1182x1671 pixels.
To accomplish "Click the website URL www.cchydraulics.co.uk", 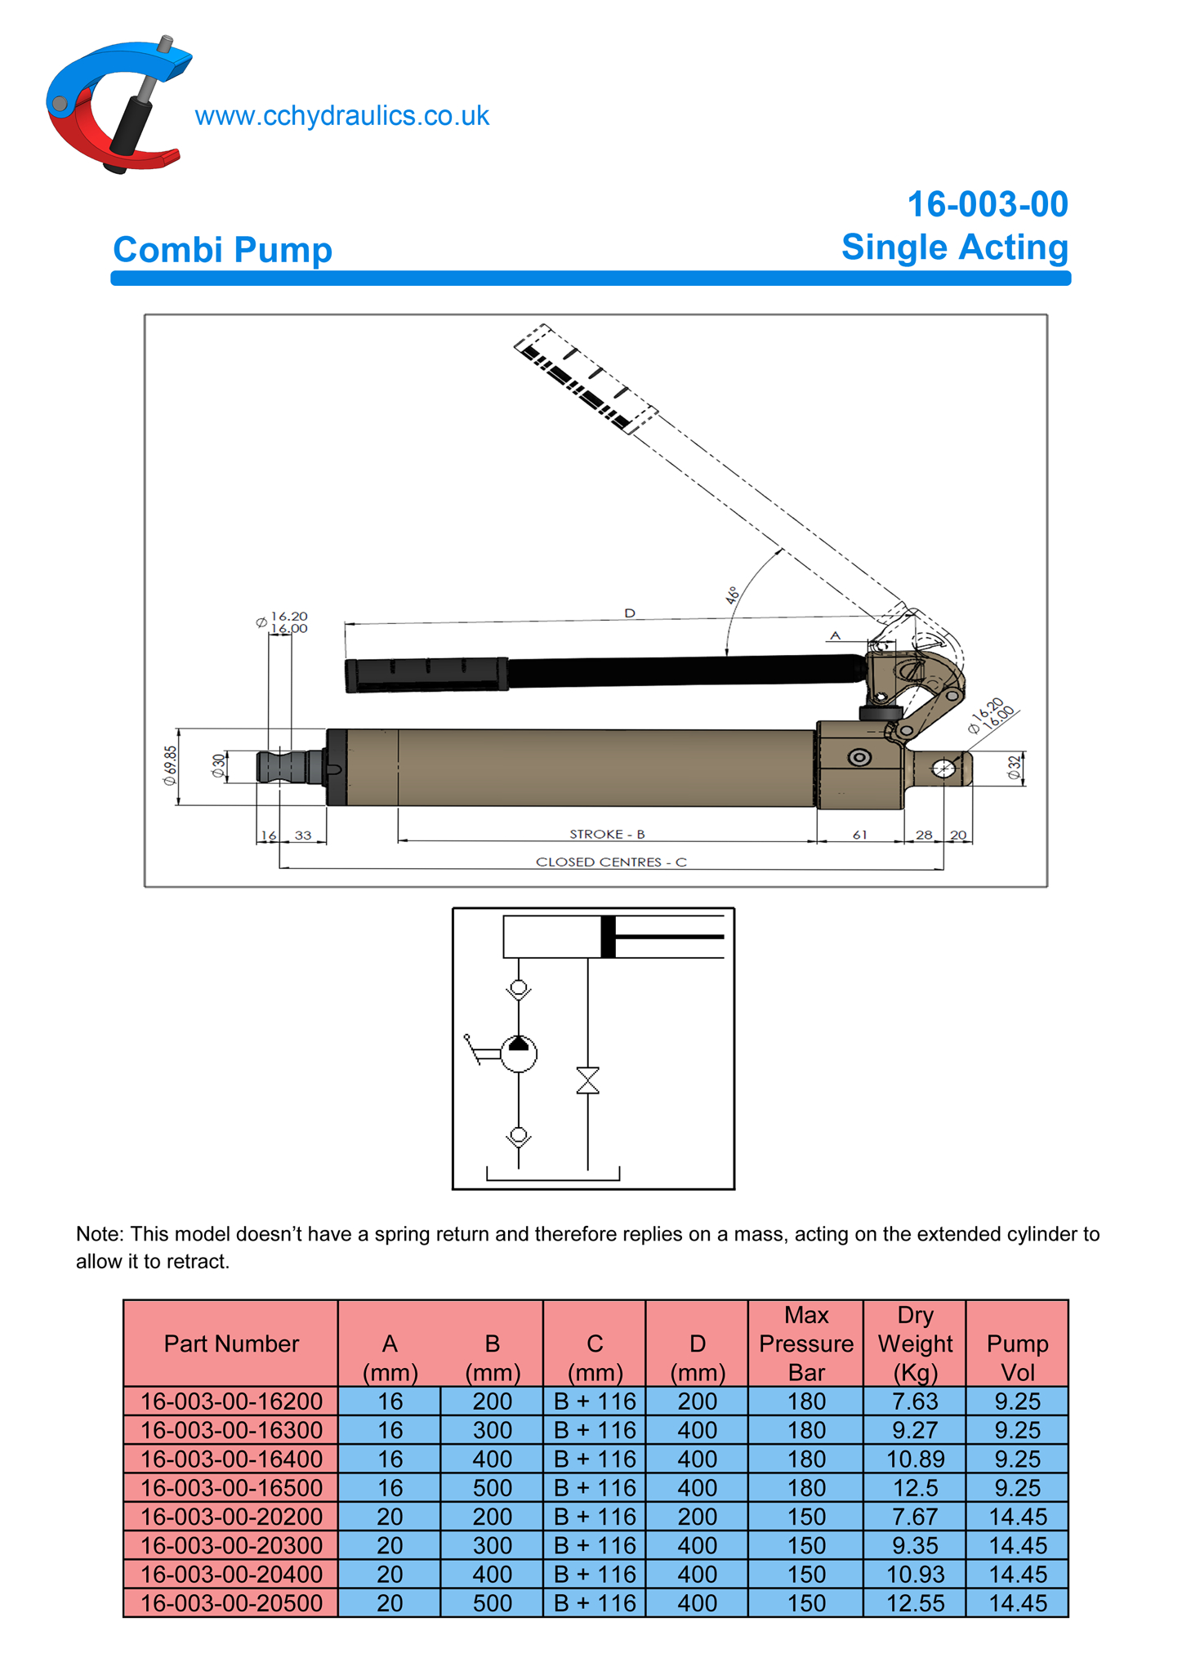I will (x=341, y=116).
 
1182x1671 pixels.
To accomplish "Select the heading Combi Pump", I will (x=222, y=249).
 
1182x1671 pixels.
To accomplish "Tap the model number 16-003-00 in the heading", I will (x=987, y=204).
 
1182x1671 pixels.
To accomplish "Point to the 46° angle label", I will (x=733, y=594).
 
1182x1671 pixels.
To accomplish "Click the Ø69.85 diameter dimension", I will (x=170, y=765).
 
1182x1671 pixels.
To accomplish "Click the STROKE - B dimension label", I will (x=607, y=834).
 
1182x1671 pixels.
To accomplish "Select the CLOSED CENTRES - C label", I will (x=611, y=862).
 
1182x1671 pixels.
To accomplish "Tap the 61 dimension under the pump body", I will (x=859, y=835).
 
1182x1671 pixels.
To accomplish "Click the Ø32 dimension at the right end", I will (x=1014, y=768).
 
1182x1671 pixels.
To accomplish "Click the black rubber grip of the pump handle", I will (x=426, y=675).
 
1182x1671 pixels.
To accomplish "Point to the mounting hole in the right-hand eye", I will (x=943, y=769).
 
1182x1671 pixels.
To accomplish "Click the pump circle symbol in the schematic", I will (x=519, y=1054).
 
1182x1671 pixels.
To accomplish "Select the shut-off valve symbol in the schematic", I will (x=587, y=1080).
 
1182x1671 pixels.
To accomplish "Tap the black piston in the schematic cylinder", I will (x=608, y=937).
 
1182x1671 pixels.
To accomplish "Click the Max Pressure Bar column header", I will (x=805, y=1343).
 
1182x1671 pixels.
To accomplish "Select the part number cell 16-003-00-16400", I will (x=231, y=1459).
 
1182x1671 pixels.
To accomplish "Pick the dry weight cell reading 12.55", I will (x=915, y=1602).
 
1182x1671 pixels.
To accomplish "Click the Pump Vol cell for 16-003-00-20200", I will (x=1017, y=1517).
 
